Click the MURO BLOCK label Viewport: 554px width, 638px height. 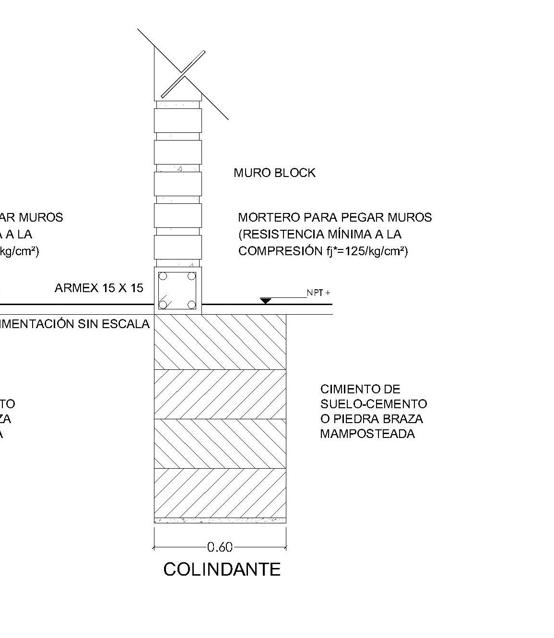tap(274, 173)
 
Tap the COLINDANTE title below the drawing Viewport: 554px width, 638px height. tap(222, 569)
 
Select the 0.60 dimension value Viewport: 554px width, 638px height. tap(220, 547)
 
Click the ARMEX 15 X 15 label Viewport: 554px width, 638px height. tap(99, 288)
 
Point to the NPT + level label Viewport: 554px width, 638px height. tap(318, 293)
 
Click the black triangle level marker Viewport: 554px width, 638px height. tap(266, 301)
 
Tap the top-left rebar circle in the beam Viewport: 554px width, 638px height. tap(163, 276)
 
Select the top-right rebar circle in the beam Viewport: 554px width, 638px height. tap(192, 276)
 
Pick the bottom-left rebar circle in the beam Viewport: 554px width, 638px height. tap(163, 305)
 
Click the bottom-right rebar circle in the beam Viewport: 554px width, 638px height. tap(192, 305)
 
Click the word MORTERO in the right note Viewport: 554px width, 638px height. tap(269, 217)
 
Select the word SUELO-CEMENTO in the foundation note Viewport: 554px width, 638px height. tap(374, 404)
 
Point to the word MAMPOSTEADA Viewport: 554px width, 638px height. tap(367, 434)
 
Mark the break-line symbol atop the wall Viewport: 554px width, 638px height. tap(183, 74)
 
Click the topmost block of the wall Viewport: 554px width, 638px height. tap(177, 120)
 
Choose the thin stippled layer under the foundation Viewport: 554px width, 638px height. tap(220, 520)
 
